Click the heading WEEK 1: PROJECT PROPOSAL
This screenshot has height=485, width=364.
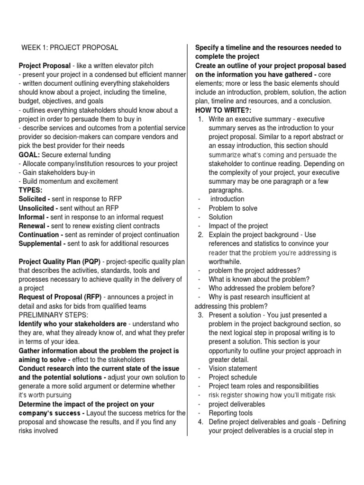point(70,48)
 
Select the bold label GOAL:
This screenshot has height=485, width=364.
point(29,155)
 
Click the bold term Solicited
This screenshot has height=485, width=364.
point(34,199)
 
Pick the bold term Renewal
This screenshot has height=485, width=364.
point(34,226)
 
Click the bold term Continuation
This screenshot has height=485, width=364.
point(40,235)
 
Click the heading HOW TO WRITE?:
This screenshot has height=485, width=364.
point(222,110)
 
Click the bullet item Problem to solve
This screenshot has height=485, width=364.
point(233,208)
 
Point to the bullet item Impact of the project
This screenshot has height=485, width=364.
point(238,226)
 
